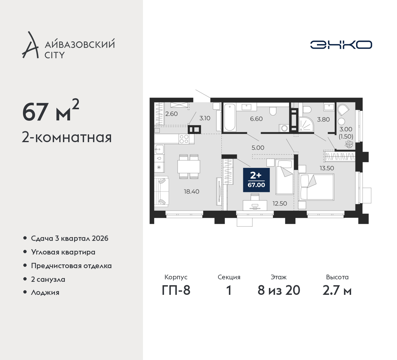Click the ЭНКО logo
coord(341,45)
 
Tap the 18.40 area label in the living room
coord(191,191)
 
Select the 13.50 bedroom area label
coord(327,168)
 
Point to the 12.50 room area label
coord(279,203)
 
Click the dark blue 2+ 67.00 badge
coord(256,180)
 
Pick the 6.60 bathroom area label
coord(256,119)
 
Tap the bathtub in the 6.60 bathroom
coord(230,117)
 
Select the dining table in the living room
coord(189,167)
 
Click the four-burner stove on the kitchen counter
coord(184,139)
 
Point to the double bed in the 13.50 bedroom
coord(316,187)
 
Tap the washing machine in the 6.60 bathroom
coord(284,128)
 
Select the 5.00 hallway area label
coord(258,148)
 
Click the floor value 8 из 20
coord(279,290)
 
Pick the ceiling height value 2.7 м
coord(337,290)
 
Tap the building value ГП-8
coord(176,290)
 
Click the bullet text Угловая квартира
coord(63,252)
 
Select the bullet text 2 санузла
coord(48,279)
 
